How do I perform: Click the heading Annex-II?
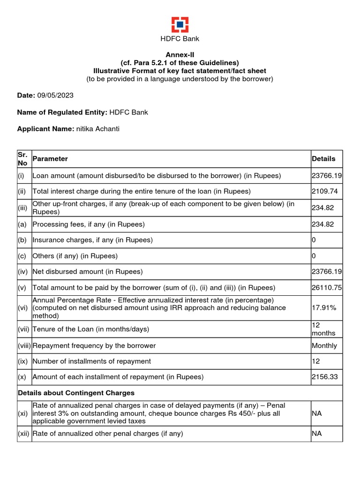click(180, 55)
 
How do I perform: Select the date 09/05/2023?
click(55, 95)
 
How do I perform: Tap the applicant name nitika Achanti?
click(97, 128)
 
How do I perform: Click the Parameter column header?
click(50, 159)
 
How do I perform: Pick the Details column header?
click(323, 159)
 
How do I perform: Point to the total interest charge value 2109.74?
click(324, 191)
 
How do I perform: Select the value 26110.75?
click(327, 287)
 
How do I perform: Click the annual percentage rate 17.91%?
click(322, 308)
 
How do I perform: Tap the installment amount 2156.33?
click(324, 377)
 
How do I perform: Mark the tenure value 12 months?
click(323, 329)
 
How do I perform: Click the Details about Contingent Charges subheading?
click(76, 393)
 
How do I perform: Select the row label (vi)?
click(24, 308)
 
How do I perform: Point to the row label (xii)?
click(24, 434)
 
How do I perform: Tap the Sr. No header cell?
click(24, 159)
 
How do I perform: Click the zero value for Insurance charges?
click(314, 240)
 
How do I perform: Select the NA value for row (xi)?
click(317, 413)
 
